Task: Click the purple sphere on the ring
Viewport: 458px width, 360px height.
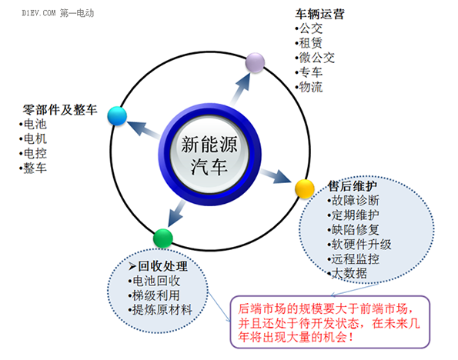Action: click(255, 62)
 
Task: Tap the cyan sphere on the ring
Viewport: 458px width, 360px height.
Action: click(117, 116)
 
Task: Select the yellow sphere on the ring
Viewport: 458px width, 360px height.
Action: click(305, 189)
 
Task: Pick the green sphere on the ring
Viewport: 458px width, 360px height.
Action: click(163, 238)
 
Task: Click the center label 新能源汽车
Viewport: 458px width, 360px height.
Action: click(209, 155)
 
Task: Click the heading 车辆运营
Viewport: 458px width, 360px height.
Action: click(320, 14)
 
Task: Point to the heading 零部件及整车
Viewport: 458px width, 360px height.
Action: click(60, 110)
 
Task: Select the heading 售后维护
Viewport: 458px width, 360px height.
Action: click(353, 185)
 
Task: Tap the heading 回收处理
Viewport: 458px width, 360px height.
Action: click(162, 266)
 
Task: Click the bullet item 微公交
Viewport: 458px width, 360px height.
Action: click(317, 58)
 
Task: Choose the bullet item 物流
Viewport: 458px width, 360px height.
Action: click(311, 87)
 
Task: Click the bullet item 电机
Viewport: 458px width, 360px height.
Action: click(35, 138)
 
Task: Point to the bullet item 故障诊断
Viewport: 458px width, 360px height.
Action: click(356, 200)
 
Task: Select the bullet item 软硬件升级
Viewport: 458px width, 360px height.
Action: click(361, 245)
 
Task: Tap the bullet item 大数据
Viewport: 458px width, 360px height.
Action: click(349, 274)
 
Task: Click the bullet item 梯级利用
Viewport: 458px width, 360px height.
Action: click(156, 295)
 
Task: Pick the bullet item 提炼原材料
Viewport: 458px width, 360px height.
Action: click(162, 310)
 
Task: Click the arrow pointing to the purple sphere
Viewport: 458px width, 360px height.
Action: click(240, 89)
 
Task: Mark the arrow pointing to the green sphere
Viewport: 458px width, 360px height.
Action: click(176, 214)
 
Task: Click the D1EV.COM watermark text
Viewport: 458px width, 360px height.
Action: click(38, 13)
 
